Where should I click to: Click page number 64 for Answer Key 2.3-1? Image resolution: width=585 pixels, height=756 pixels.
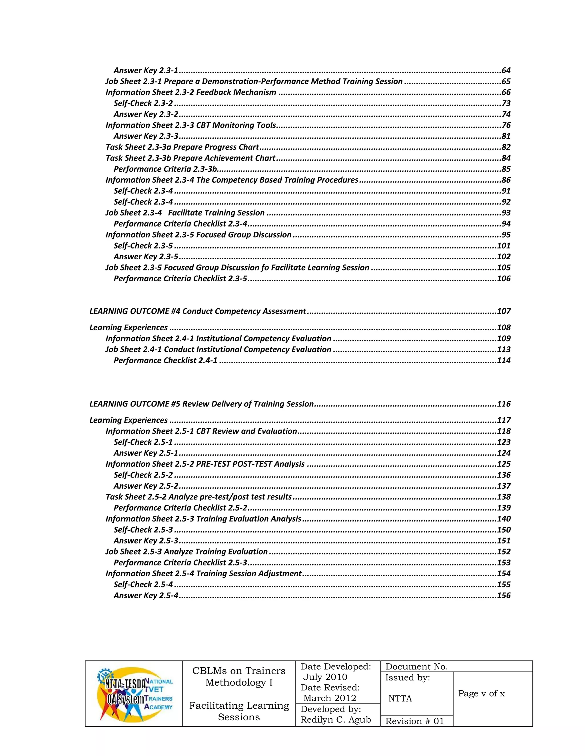(506, 71)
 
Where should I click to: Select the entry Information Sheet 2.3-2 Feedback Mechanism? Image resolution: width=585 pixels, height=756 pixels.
(191, 92)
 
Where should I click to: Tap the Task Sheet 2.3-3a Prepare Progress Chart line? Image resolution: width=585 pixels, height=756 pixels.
(182, 147)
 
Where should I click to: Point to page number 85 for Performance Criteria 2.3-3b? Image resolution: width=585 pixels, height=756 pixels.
(506, 169)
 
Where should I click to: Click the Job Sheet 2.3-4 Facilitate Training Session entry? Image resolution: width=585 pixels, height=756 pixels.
(185, 213)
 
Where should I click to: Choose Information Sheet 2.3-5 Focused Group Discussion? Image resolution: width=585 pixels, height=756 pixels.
(198, 235)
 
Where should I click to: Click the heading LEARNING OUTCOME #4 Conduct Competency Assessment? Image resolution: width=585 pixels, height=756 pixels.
(198, 311)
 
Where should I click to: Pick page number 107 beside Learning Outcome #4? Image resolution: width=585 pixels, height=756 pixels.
(504, 311)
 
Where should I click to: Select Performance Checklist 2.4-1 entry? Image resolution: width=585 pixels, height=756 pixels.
(165, 360)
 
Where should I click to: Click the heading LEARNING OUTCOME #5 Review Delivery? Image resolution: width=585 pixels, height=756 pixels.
(201, 404)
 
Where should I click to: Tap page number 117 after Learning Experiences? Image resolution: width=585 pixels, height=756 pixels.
(504, 420)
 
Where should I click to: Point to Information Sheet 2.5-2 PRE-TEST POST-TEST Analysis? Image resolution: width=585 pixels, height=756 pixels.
(205, 464)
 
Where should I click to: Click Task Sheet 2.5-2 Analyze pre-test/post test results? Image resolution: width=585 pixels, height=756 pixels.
(199, 497)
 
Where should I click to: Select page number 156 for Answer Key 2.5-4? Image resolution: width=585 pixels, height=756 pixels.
(504, 595)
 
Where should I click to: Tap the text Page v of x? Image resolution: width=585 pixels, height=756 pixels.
(481, 694)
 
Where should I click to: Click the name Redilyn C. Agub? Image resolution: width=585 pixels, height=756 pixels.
(335, 720)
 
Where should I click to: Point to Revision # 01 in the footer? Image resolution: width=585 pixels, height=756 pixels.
(414, 721)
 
